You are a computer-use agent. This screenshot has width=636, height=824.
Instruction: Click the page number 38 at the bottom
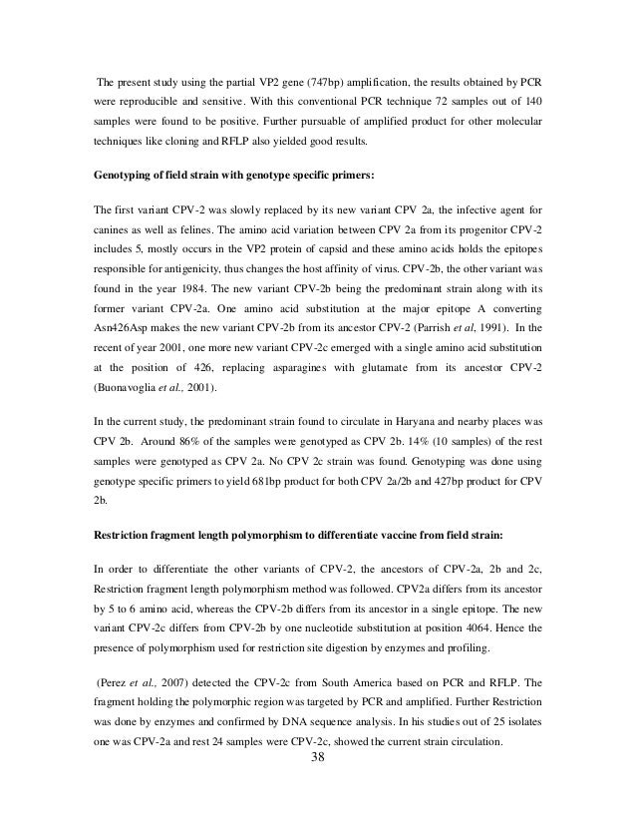(318, 785)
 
